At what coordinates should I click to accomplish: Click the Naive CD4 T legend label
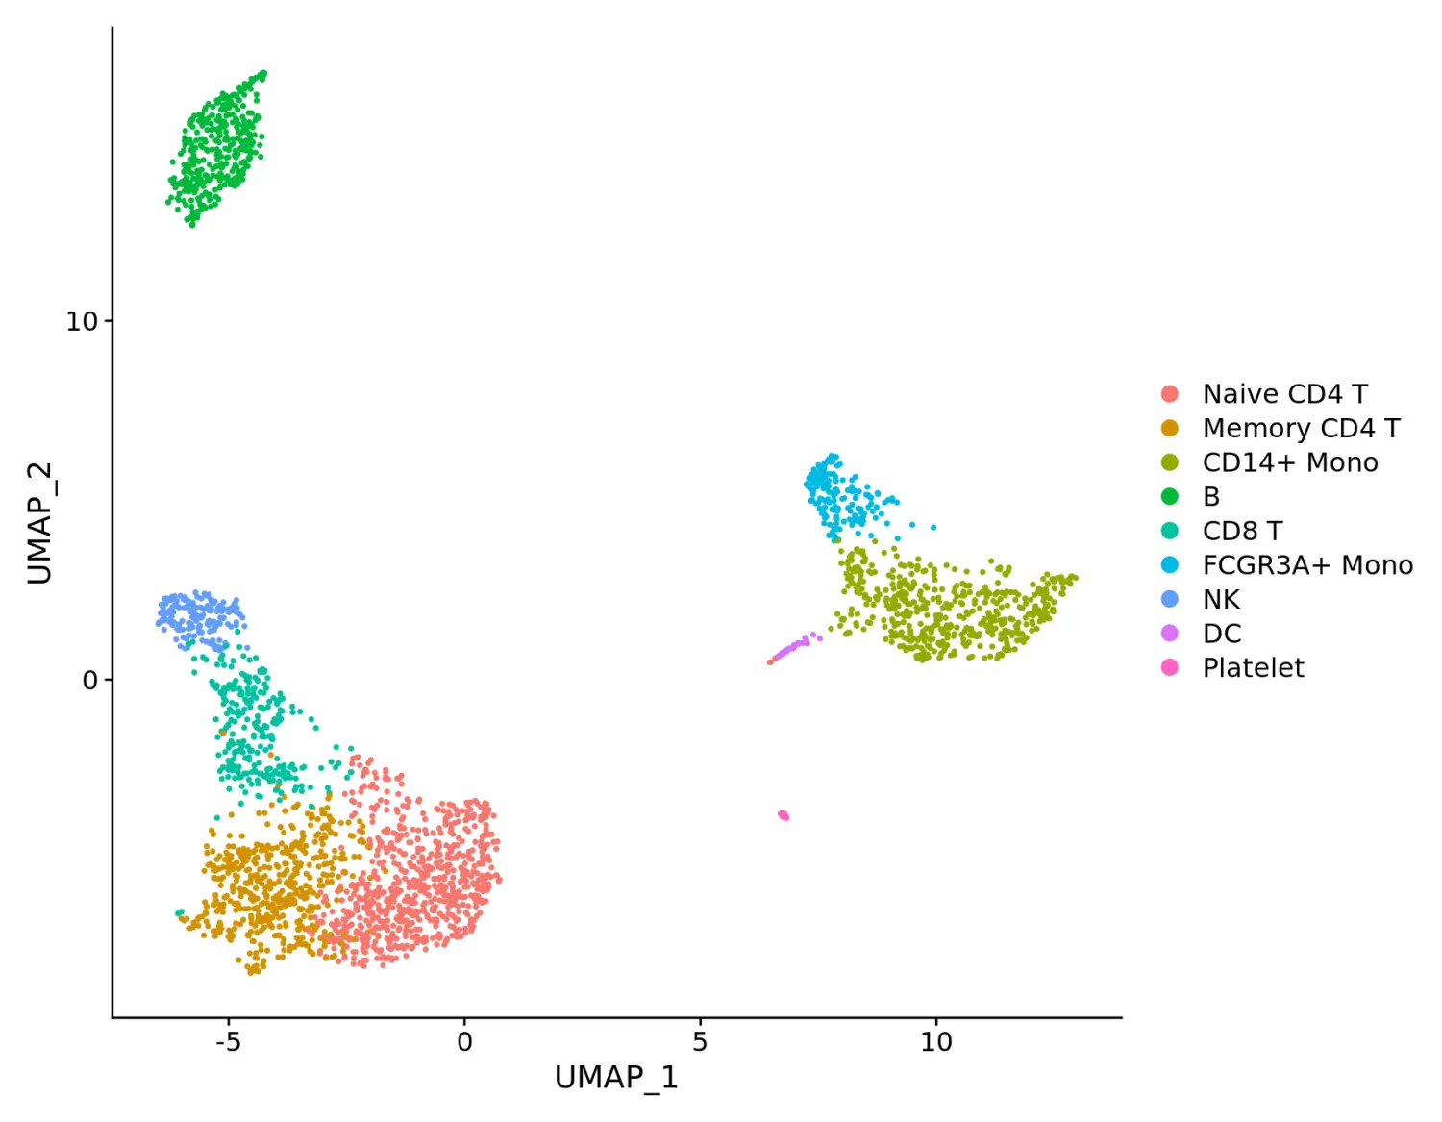coord(1284,394)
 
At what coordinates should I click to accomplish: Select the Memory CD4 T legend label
coord(1301,428)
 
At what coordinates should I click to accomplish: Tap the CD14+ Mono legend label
coord(1289,462)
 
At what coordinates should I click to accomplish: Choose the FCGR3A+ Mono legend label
coord(1307,565)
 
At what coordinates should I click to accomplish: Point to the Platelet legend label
coord(1253,668)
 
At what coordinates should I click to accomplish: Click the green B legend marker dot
coord(1170,497)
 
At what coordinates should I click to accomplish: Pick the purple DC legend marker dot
coord(1170,634)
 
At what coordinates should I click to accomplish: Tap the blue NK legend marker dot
coord(1170,599)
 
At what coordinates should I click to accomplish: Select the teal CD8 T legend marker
coord(1170,531)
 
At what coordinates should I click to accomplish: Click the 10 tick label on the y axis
coord(82,322)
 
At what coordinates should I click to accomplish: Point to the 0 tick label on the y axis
coord(90,681)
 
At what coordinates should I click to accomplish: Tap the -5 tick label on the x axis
coord(228,1042)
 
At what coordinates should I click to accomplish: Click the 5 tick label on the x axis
coord(700,1042)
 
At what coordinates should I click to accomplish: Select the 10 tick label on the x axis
coord(935,1042)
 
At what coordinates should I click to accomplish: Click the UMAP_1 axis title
coord(616,1078)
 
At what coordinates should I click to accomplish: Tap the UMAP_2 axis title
coord(39,523)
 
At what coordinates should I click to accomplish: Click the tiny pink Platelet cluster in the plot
coord(783,815)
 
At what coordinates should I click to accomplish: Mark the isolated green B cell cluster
coord(217,148)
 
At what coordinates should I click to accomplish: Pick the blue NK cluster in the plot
coord(197,614)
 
